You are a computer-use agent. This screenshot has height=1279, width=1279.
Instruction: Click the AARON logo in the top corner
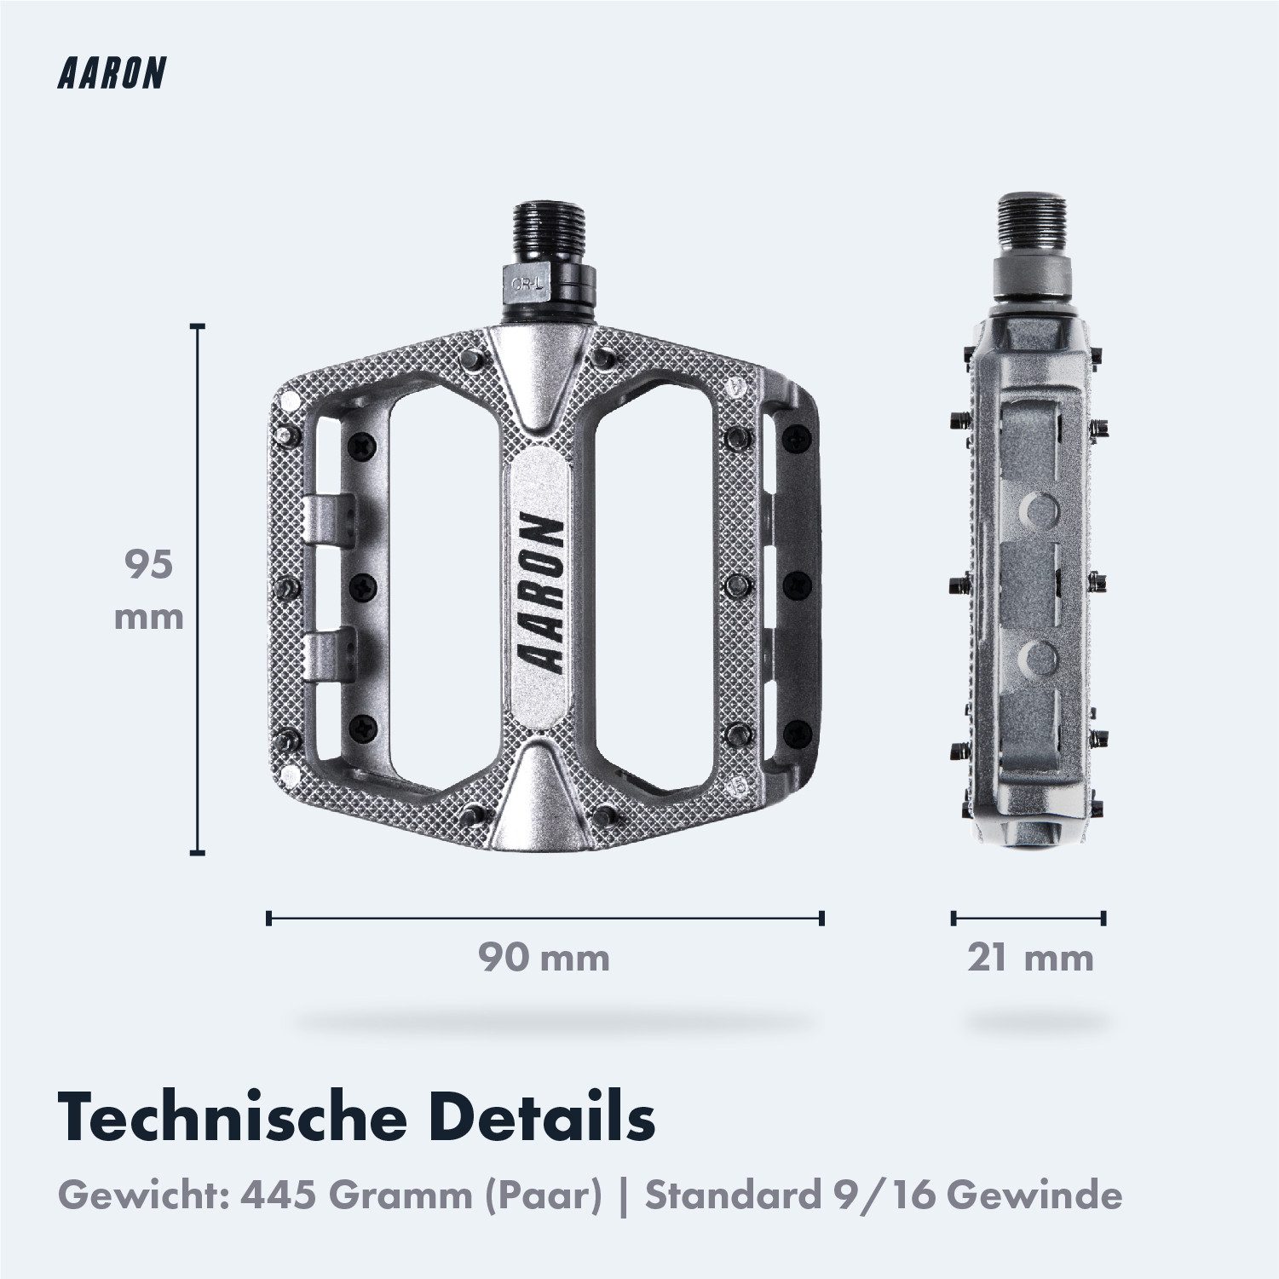pyautogui.click(x=111, y=74)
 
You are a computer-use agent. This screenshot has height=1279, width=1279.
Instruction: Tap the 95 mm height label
pyautogui.click(x=149, y=590)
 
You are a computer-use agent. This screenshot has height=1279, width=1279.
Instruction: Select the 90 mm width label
pyautogui.click(x=544, y=958)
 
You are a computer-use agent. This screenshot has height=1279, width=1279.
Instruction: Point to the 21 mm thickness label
pyautogui.click(x=1029, y=958)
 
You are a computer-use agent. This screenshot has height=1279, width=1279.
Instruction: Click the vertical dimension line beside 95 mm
pyautogui.click(x=199, y=589)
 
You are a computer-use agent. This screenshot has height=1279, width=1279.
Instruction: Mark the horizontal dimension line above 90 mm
pyautogui.click(x=545, y=918)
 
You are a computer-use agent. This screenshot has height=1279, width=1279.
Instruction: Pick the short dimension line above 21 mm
pyautogui.click(x=1028, y=918)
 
